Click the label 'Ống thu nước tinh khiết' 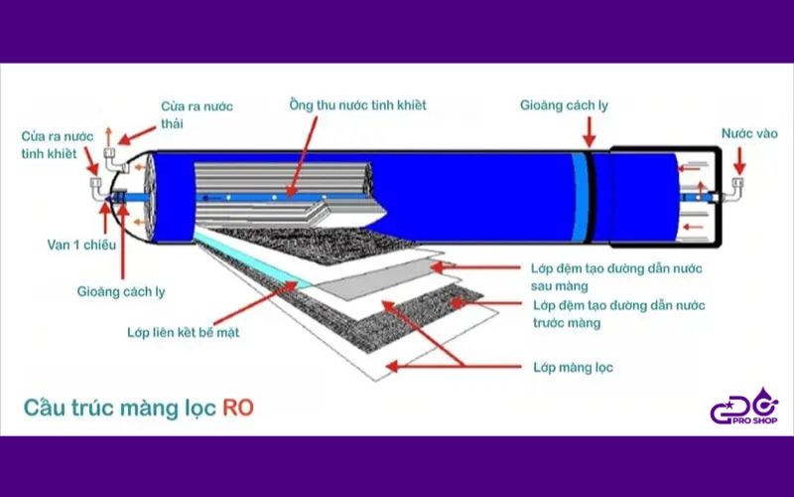(358, 104)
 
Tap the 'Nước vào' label (749, 133)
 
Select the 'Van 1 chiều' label (81, 245)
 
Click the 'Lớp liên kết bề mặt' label (183, 332)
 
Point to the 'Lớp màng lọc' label (573, 367)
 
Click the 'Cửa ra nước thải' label (197, 114)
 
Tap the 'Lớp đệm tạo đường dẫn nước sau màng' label (616, 277)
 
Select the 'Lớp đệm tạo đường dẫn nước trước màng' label (618, 314)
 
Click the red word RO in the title (238, 409)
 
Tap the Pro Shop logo (743, 408)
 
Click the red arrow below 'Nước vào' (739, 160)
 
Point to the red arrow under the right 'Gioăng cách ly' (589, 131)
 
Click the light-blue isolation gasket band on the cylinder (581, 196)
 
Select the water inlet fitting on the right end (734, 189)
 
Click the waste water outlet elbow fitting (115, 159)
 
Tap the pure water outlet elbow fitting (98, 190)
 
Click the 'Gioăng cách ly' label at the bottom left (121, 291)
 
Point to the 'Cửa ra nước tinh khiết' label (58, 144)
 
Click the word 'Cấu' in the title (45, 408)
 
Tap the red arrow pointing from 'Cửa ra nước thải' (137, 134)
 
